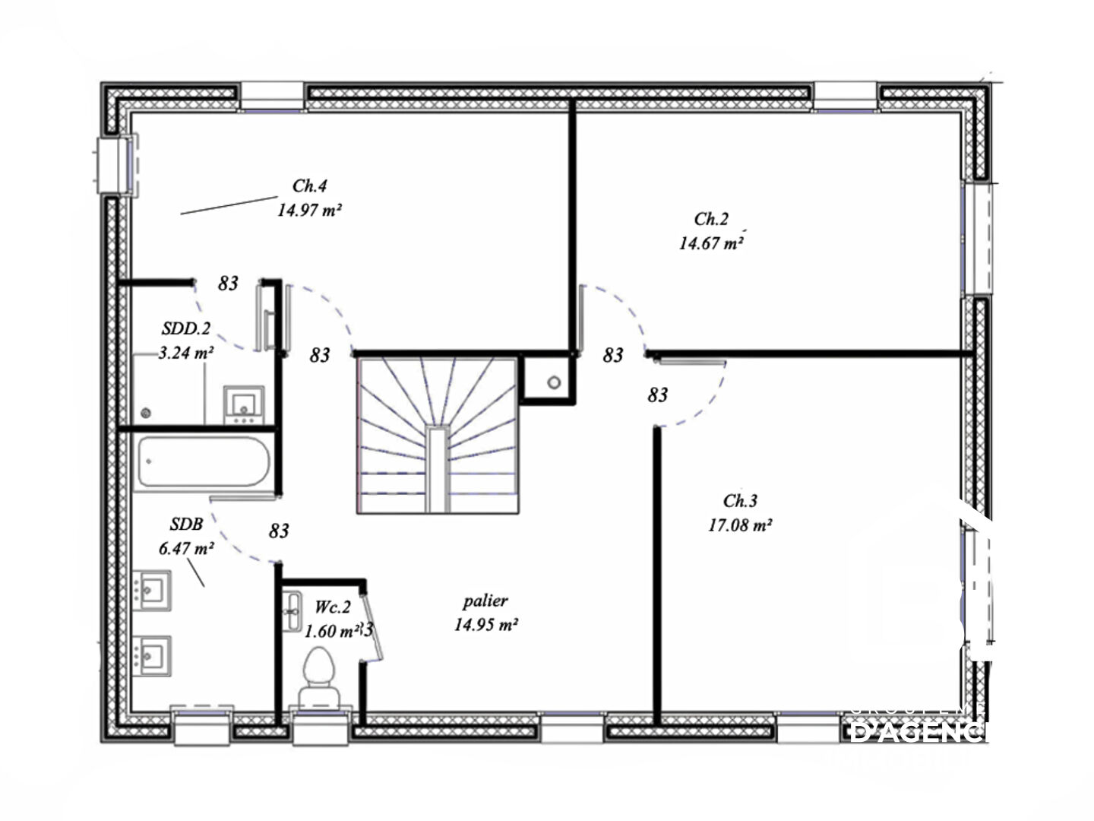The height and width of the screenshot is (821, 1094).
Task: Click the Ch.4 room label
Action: tap(309, 186)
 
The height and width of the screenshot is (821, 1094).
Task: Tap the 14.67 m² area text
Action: tap(710, 244)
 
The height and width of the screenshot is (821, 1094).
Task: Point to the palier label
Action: tap(485, 601)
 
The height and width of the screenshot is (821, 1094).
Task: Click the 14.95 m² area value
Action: tap(485, 625)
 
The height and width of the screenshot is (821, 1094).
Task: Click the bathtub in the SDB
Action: tap(203, 461)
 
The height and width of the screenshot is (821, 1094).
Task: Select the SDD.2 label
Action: tap(185, 329)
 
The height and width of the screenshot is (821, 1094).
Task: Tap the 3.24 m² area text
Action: tap(185, 353)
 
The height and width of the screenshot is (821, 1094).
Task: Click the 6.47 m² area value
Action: tap(185, 548)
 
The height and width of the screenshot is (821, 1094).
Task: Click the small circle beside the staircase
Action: tap(554, 382)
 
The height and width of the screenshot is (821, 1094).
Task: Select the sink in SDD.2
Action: tap(244, 405)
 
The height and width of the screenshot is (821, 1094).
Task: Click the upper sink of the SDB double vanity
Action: tap(153, 590)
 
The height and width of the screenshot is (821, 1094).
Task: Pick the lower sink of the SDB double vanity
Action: tap(153, 655)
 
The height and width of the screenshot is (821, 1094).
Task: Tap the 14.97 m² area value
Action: tap(308, 211)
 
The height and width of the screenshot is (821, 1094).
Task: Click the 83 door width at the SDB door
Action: tap(279, 531)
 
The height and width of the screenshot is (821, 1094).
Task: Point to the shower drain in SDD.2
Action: tap(146, 414)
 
